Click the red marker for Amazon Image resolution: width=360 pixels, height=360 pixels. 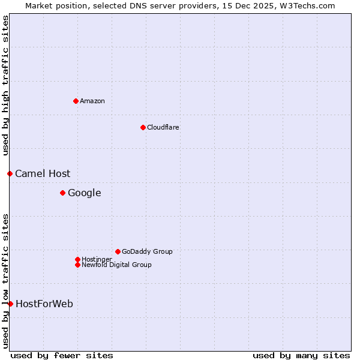(x=76, y=101)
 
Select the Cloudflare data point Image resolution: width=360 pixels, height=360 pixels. (x=143, y=127)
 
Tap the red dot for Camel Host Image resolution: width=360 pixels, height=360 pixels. (x=10, y=173)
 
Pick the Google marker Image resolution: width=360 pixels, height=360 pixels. (x=62, y=193)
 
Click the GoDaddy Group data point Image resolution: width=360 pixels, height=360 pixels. (x=118, y=251)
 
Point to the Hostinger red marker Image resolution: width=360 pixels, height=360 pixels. (x=77, y=259)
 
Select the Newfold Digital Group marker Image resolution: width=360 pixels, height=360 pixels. (x=77, y=265)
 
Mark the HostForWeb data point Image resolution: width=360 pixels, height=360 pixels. (x=10, y=304)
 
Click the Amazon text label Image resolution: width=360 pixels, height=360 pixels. (x=92, y=101)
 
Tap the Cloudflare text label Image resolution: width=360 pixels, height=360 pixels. (x=163, y=127)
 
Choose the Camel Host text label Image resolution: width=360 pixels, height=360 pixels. (x=43, y=173)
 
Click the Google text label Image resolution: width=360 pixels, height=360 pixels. (x=84, y=193)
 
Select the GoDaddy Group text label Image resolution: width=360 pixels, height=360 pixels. (x=147, y=251)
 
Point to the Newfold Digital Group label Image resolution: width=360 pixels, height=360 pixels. (x=116, y=265)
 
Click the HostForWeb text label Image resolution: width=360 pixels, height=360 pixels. (x=44, y=304)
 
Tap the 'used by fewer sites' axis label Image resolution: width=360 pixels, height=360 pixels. (x=62, y=355)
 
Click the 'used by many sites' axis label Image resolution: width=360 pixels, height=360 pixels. (x=301, y=355)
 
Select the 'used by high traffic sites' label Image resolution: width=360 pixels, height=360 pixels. (x=5, y=85)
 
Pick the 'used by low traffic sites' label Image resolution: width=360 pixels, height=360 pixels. (x=5, y=280)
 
